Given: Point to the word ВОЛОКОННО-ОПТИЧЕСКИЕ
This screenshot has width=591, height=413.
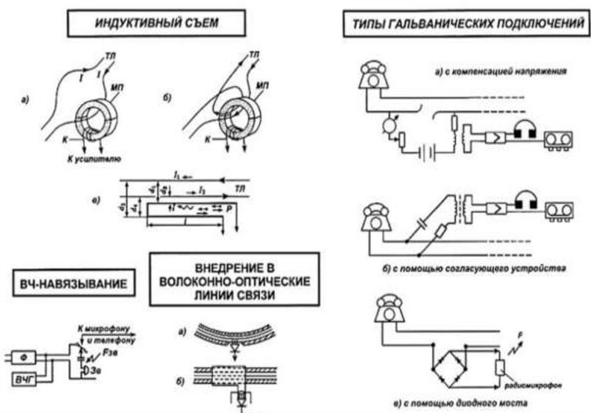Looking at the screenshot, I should (x=235, y=282).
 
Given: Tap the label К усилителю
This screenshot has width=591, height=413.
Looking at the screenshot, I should (x=93, y=157).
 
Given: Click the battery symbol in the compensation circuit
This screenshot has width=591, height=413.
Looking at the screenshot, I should (x=427, y=154).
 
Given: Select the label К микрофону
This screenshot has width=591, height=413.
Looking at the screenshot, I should (x=104, y=328).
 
